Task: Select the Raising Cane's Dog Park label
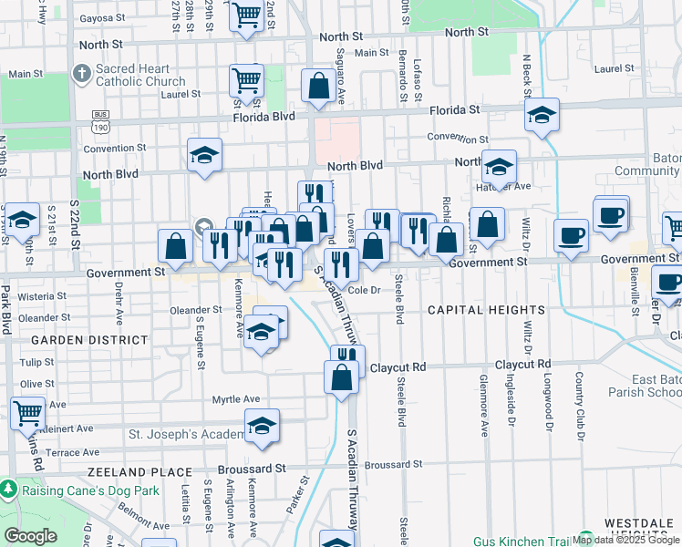pyautogui.click(x=91, y=490)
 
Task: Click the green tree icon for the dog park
pyautogui.click(x=9, y=490)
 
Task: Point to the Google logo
pyautogui.click(x=30, y=536)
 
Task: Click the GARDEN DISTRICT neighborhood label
pyautogui.click(x=89, y=339)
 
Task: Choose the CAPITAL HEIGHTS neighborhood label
pyautogui.click(x=488, y=310)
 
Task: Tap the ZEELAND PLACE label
pyautogui.click(x=139, y=472)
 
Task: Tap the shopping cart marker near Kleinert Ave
pyautogui.click(x=27, y=411)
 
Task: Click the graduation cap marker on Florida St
pyautogui.click(x=542, y=116)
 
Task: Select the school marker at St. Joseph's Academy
pyautogui.click(x=262, y=425)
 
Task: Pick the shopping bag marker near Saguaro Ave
pyautogui.click(x=319, y=88)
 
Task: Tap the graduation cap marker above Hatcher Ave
pyautogui.click(x=499, y=167)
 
